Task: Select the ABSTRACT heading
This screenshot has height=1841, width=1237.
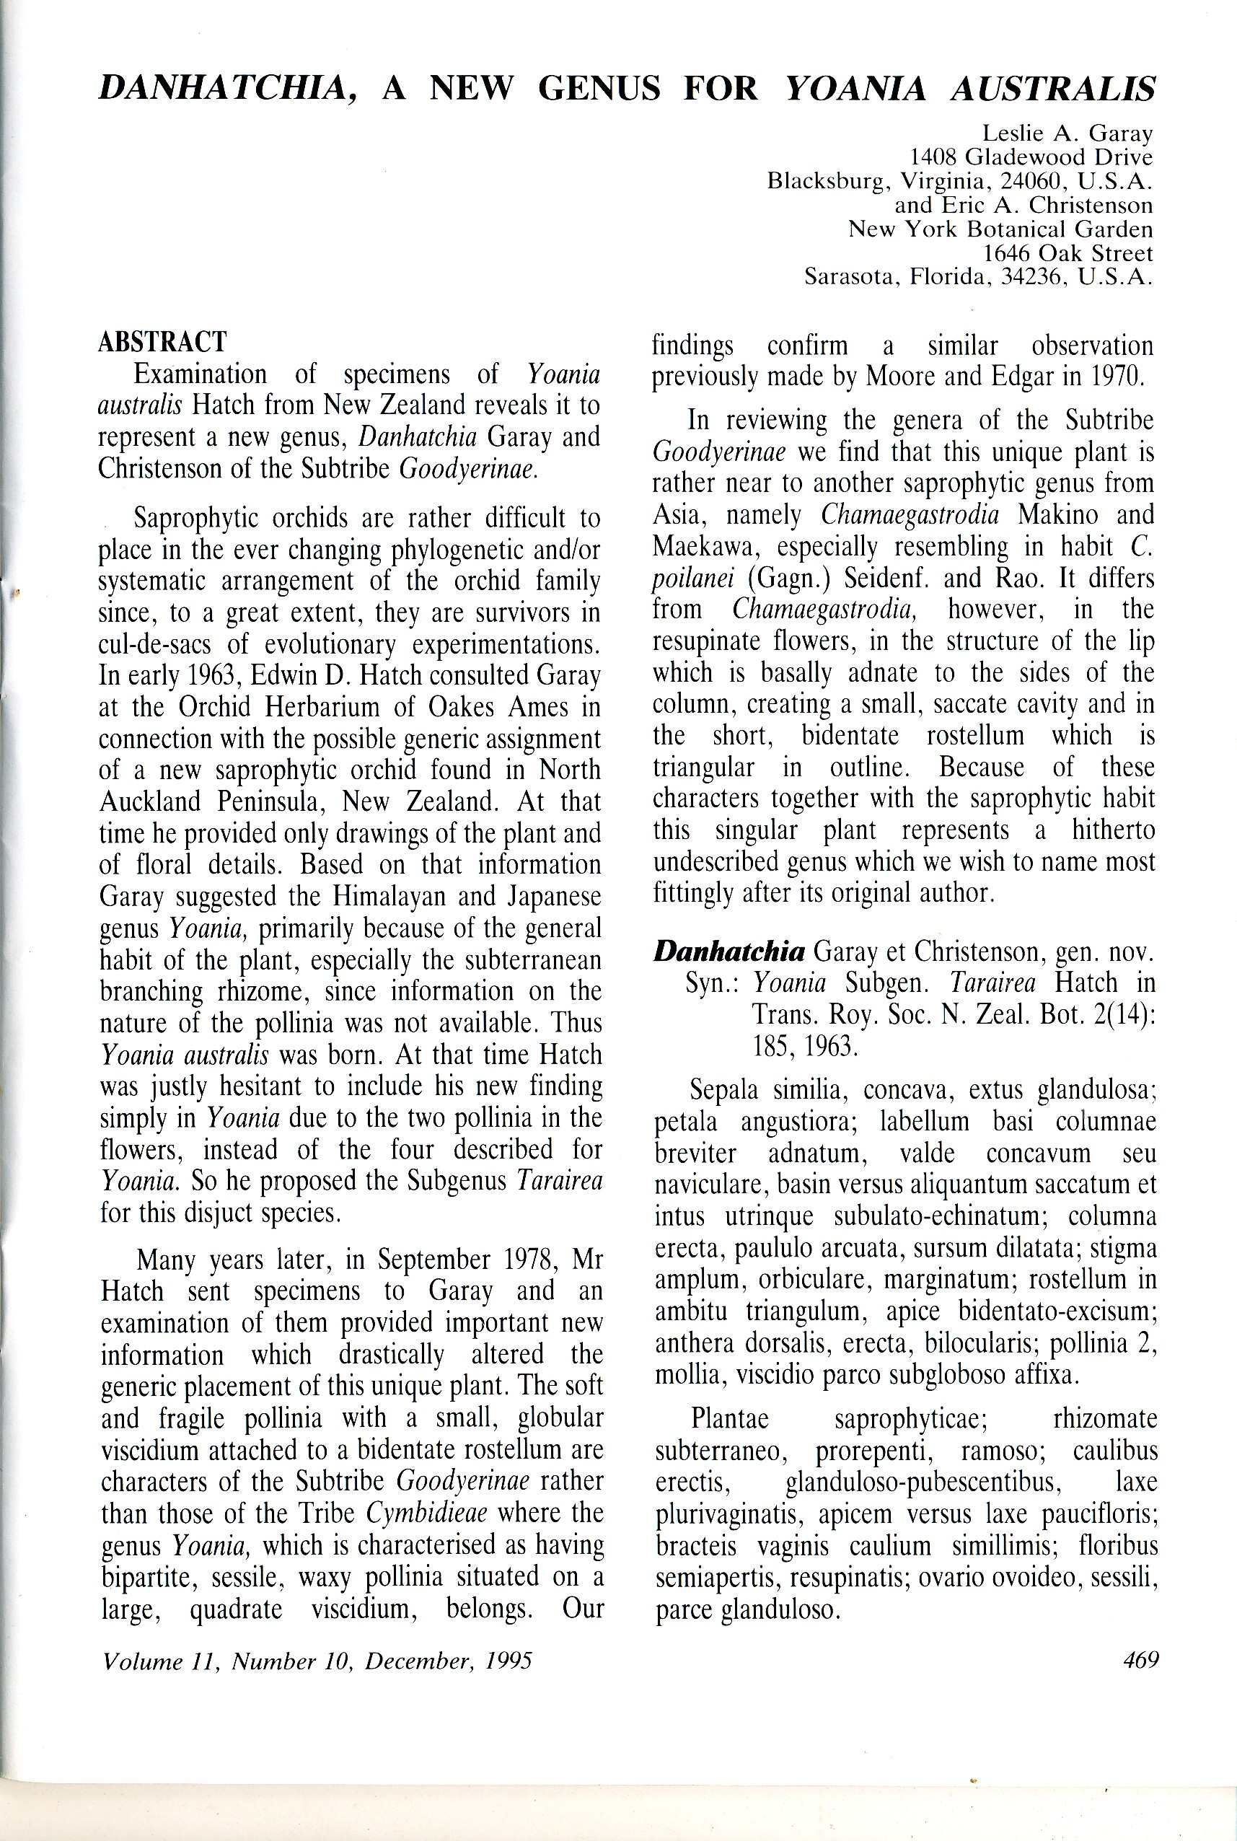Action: click(162, 341)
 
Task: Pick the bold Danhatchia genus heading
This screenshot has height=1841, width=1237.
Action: click(730, 952)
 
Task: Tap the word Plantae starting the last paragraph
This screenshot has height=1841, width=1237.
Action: click(729, 1418)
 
